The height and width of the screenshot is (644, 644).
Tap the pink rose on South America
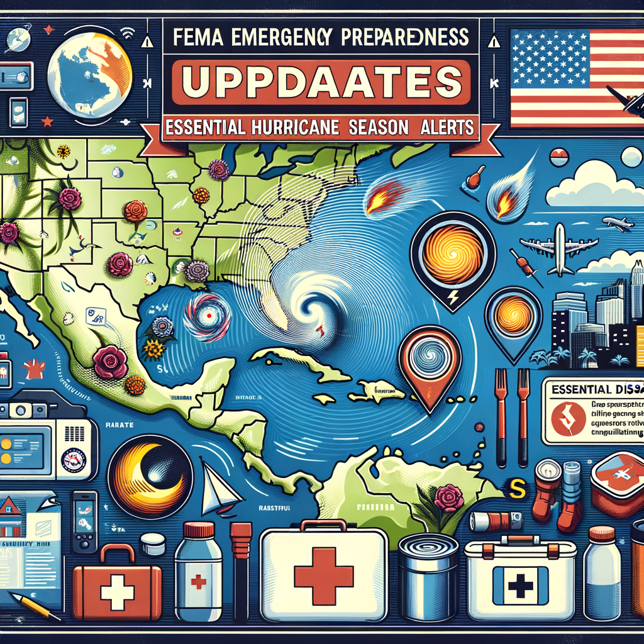tap(448, 497)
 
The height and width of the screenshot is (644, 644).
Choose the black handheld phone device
tap(83, 521)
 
